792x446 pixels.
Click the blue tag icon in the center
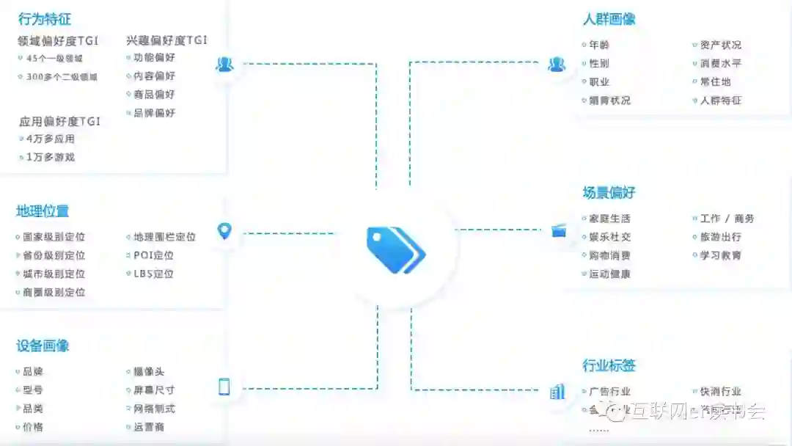[395, 249]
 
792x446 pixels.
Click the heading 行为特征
[45, 19]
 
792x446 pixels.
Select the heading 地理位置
[43, 211]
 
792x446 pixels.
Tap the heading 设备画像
[43, 346]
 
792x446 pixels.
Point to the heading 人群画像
[609, 20]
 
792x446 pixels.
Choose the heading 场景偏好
[609, 193]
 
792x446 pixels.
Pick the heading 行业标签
[609, 365]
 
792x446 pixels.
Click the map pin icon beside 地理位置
[224, 232]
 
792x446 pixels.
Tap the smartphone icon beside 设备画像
[224, 387]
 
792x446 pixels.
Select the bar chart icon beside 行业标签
[557, 392]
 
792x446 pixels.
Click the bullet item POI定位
[153, 255]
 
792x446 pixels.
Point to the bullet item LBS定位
[153, 274]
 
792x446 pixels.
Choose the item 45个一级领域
[54, 59]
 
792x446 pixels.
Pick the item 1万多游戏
[50, 157]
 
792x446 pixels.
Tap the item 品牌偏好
[154, 113]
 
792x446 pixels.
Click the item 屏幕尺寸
[154, 390]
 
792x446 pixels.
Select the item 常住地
[715, 81]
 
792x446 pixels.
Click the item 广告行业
[609, 392]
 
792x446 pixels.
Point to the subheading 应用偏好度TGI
[59, 122]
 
